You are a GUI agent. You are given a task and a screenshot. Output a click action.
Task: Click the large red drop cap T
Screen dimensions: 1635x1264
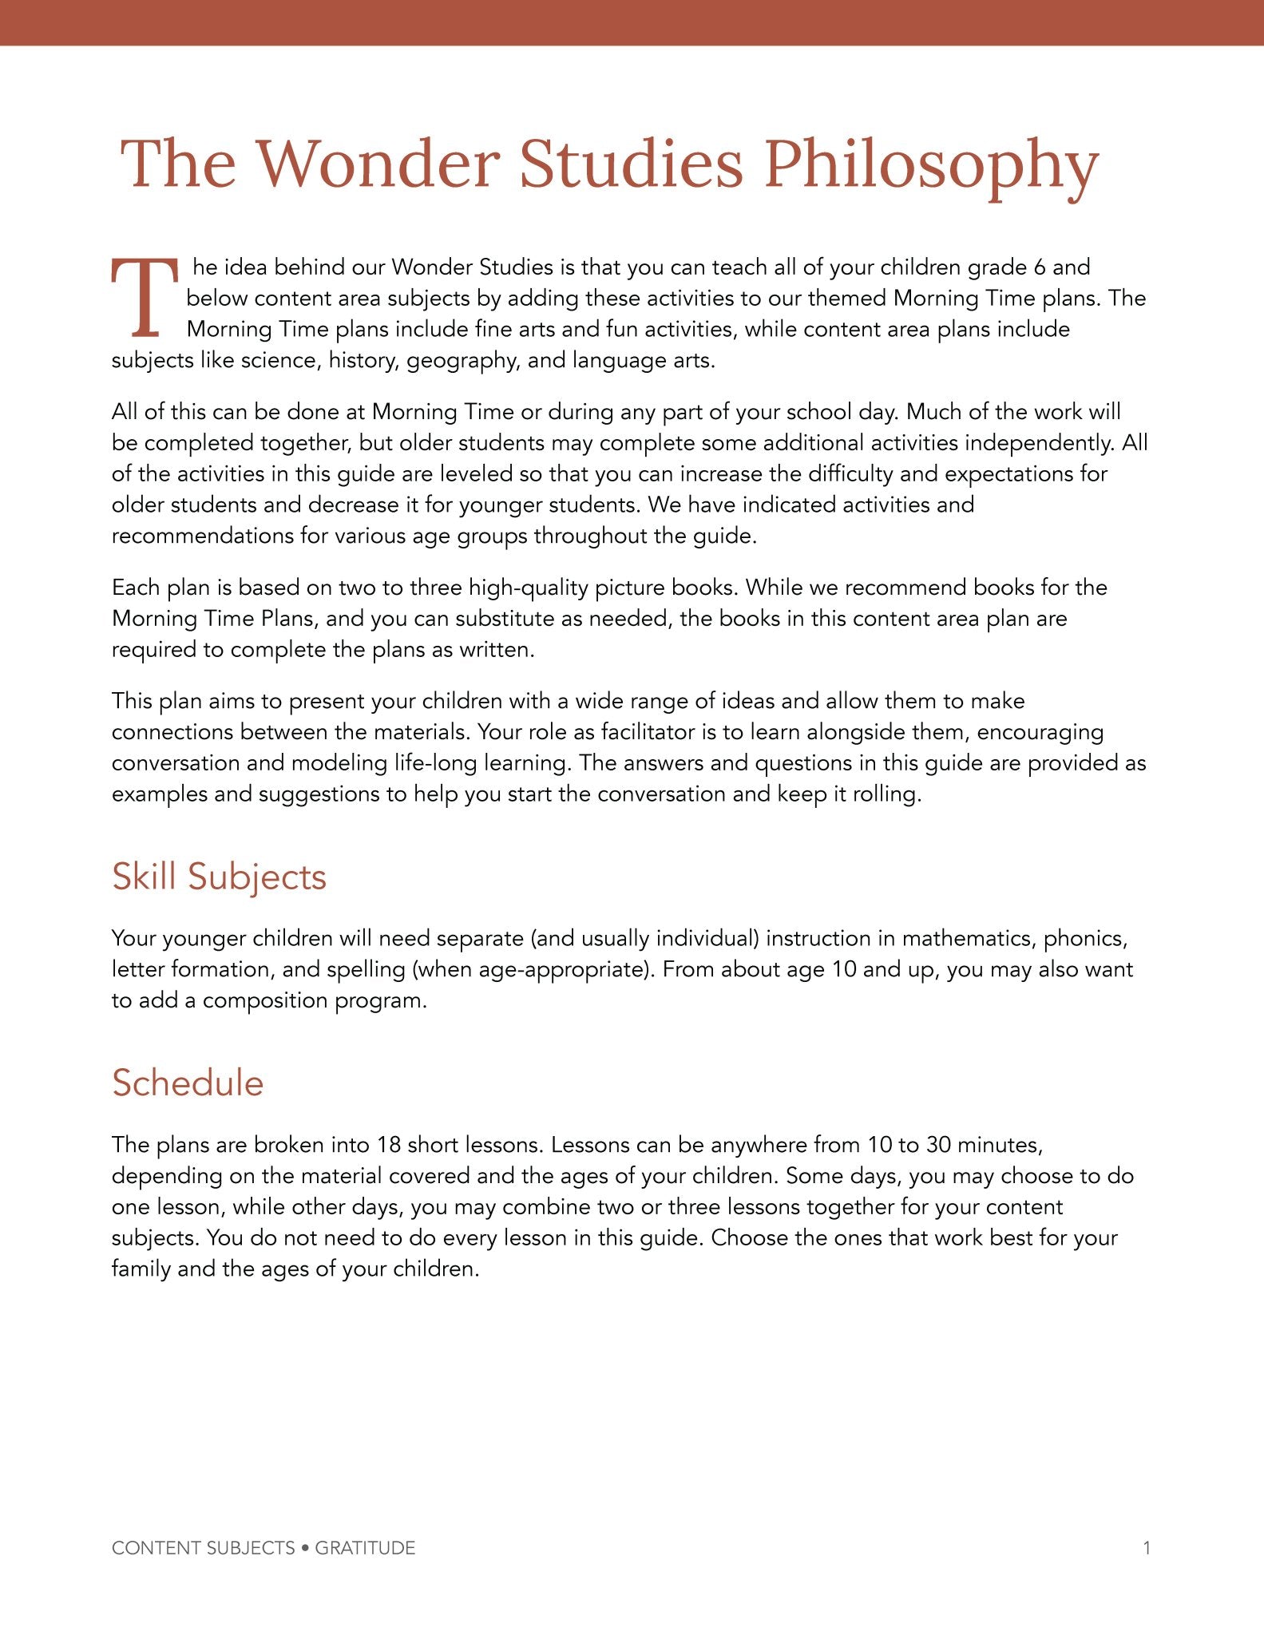[x=145, y=298]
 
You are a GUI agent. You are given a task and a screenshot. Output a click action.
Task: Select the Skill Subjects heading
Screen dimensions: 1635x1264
[x=219, y=877]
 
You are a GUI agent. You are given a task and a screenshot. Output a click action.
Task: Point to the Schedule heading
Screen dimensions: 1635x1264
[x=188, y=1083]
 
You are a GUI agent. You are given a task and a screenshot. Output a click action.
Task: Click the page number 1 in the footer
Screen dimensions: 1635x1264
[x=1147, y=1548]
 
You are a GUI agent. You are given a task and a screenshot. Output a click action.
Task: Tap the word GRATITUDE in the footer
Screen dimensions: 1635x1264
[x=365, y=1548]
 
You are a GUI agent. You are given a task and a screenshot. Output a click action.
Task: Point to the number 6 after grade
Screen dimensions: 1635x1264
[x=1037, y=267]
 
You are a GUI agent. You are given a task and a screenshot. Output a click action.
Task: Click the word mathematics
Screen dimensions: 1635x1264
[x=968, y=938]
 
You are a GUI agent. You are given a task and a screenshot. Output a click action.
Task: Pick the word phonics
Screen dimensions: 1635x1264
[x=1085, y=938]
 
